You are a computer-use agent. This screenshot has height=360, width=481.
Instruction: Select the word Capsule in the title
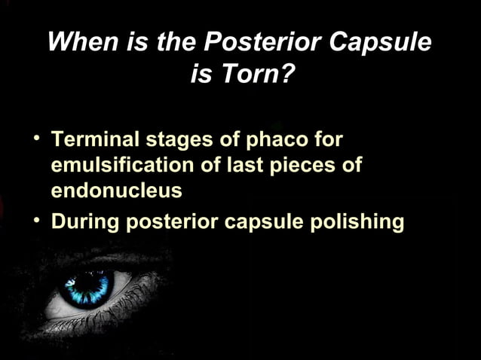pos(384,42)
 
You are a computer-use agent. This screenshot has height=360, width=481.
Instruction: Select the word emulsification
pos(123,165)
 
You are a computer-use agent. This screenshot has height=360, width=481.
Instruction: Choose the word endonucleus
pos(116,190)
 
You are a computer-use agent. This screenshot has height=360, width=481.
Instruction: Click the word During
pos(83,222)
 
